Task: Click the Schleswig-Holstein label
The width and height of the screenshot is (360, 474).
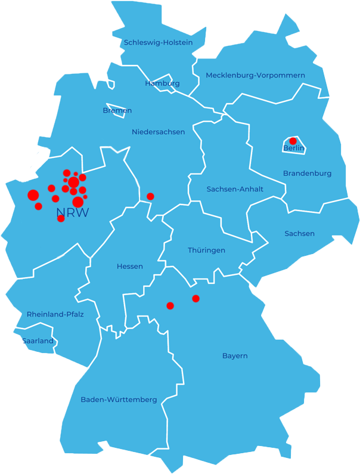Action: [158, 42]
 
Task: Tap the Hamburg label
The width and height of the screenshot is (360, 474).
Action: [162, 83]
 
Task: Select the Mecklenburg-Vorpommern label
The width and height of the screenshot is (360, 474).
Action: [255, 75]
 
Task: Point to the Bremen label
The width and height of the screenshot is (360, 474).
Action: [117, 110]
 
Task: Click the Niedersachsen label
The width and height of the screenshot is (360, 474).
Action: [158, 132]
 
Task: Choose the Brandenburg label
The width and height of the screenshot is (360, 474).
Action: [307, 173]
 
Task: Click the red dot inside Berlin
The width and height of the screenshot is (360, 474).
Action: [293, 141]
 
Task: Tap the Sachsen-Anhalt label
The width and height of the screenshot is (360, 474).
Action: [235, 189]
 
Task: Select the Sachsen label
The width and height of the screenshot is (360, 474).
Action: [299, 233]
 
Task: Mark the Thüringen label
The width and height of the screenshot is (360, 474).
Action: [206, 250]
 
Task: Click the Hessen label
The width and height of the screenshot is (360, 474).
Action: [130, 267]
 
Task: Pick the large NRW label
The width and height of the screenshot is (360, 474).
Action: [72, 213]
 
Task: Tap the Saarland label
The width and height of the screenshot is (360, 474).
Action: [38, 341]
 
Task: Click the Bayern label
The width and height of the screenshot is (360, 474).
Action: [235, 356]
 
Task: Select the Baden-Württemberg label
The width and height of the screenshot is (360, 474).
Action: [119, 399]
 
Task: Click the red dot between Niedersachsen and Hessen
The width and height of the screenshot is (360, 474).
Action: [150, 196]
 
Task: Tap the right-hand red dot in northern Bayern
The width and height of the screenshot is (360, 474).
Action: [195, 298]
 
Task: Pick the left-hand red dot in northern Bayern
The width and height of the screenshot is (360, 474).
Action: [170, 305]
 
